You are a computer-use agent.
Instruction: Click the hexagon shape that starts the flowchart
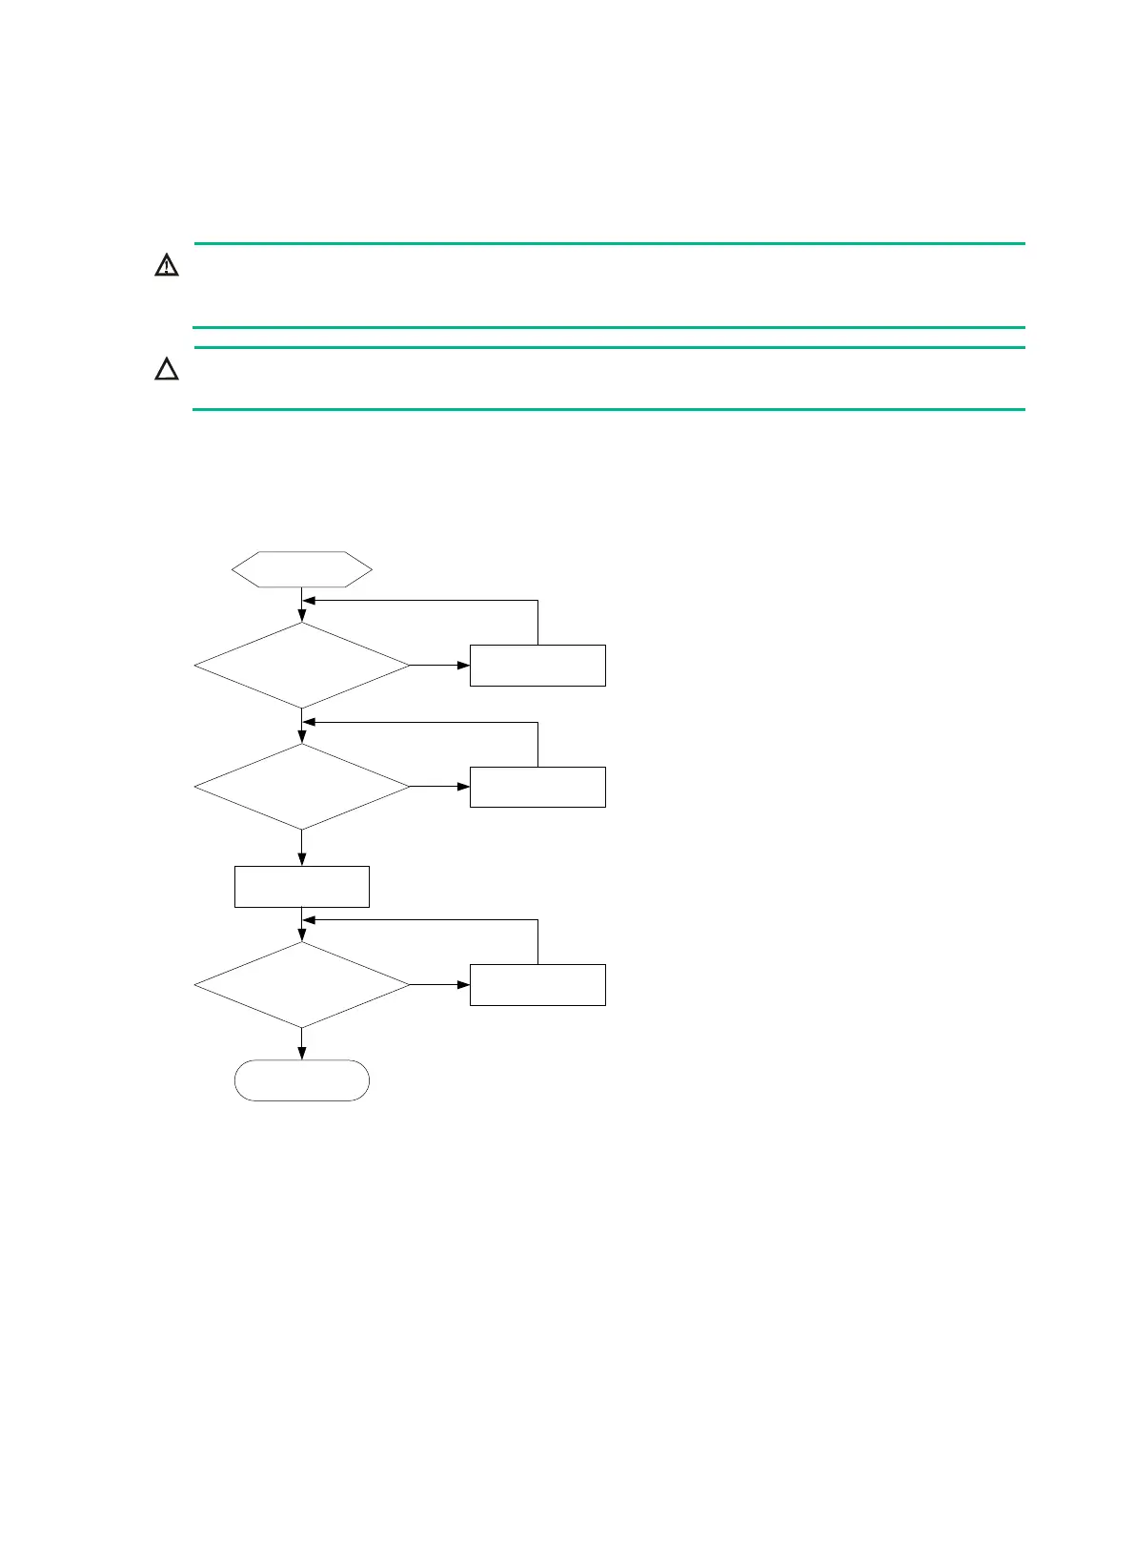coord(302,569)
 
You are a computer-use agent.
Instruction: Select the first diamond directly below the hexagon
coord(302,666)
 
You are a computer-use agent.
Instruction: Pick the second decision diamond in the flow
coord(302,787)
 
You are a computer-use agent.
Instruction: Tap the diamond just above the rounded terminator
coord(302,985)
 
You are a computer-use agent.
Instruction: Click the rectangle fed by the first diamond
coord(537,666)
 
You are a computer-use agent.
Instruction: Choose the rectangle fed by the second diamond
coord(537,787)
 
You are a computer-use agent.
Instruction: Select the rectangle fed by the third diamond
coord(537,985)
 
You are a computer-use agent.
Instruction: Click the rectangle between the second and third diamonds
coord(302,887)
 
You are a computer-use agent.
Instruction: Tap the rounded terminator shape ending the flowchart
coord(302,1080)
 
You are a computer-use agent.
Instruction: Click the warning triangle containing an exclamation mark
coord(167,265)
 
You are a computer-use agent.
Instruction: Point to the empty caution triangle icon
coord(167,370)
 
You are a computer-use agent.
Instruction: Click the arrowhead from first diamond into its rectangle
coord(463,666)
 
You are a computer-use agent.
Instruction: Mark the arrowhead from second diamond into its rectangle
coord(463,787)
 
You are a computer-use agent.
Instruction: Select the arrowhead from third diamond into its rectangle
coord(463,985)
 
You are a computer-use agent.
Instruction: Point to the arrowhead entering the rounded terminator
coord(302,1054)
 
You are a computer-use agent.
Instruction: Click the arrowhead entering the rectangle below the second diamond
coord(302,860)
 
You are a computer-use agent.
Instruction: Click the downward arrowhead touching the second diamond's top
coord(302,737)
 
